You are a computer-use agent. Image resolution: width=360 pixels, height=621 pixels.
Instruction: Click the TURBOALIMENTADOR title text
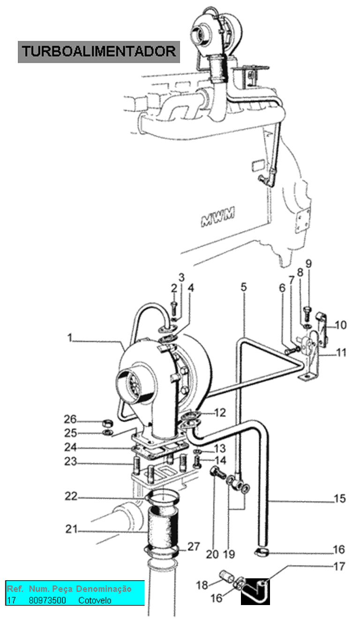coord(99,52)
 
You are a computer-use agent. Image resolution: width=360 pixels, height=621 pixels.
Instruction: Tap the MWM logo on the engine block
coord(218,217)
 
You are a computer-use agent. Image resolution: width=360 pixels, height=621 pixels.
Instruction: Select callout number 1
coord(69,338)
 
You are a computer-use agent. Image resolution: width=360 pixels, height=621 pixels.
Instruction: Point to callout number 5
coord(243,287)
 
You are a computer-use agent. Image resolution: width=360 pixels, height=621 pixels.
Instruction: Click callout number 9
coord(308,264)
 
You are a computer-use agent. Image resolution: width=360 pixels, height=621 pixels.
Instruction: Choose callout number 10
coord(341,325)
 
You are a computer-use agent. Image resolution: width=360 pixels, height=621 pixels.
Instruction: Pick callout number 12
coord(220,413)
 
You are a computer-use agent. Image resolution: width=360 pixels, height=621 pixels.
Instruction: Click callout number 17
coord(339,567)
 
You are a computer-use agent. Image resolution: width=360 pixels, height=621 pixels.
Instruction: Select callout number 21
coord(71,529)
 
